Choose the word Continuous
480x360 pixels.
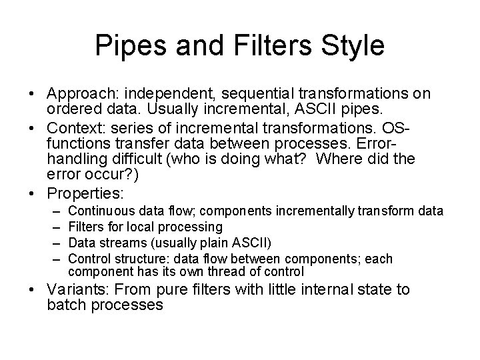click(97, 211)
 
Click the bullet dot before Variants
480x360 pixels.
click(34, 290)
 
